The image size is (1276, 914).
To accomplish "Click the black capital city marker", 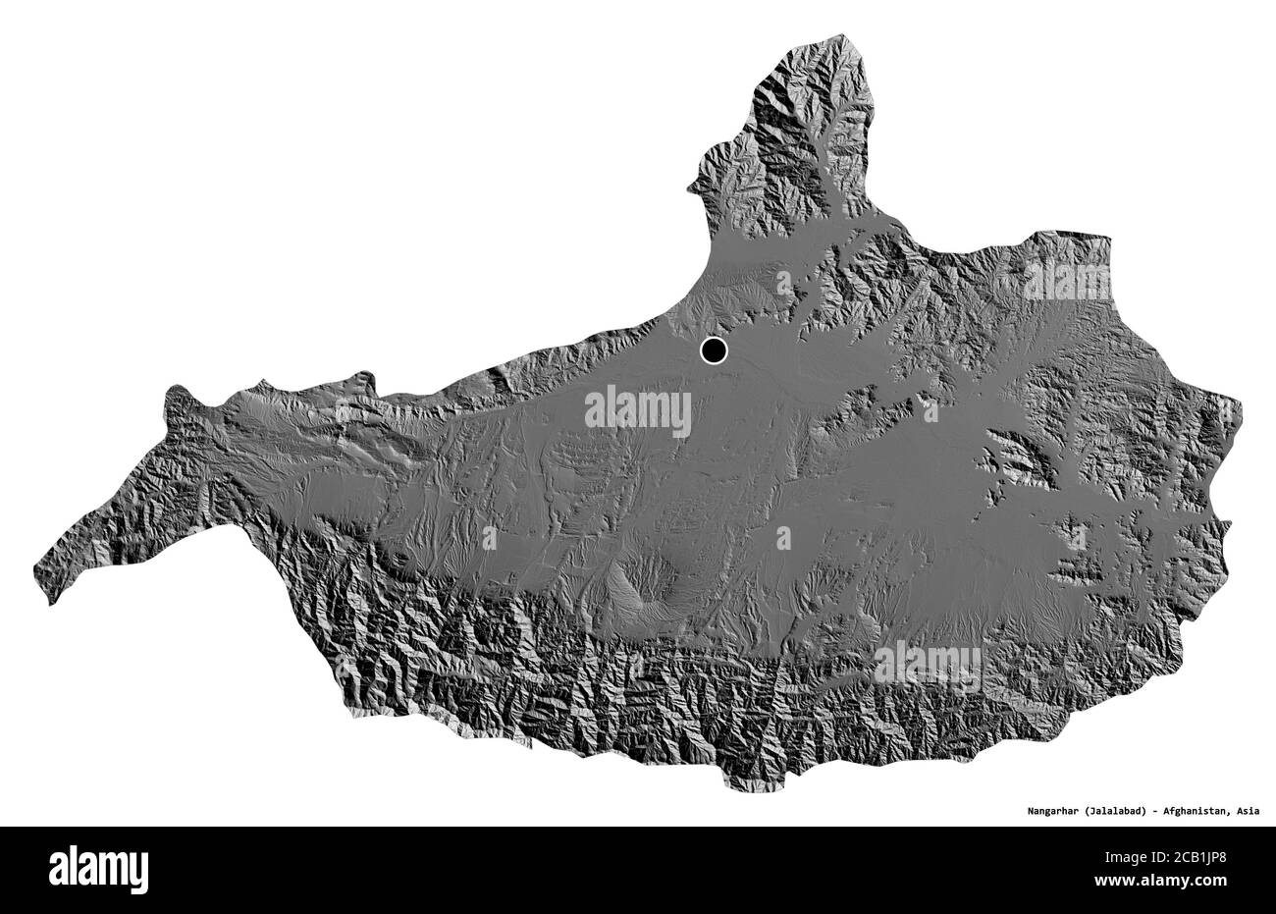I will pyautogui.click(x=714, y=349).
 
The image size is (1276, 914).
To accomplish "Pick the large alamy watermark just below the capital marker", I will pyautogui.click(x=638, y=412).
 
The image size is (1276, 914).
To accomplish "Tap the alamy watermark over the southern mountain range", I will pyautogui.click(x=927, y=666).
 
